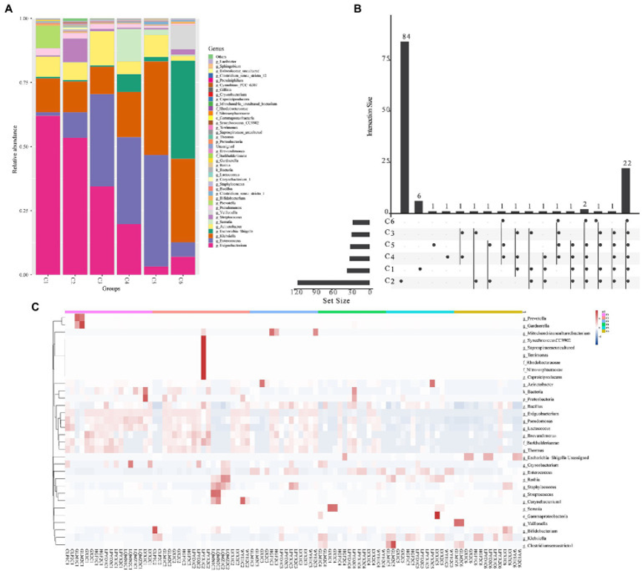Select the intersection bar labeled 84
[x=405, y=127]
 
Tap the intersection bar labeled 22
[x=626, y=191]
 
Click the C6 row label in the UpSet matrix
[x=388, y=221]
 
